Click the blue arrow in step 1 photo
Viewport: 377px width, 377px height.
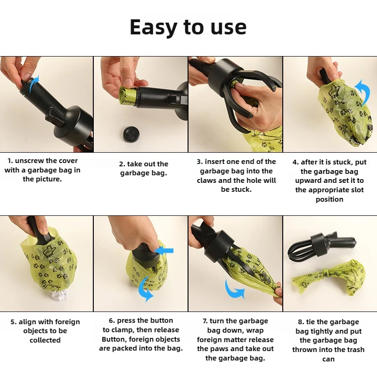coord(33,83)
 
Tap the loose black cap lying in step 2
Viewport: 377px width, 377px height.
coord(131,134)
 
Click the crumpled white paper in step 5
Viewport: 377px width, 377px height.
coord(58,295)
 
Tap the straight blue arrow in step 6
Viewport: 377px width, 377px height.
coord(164,251)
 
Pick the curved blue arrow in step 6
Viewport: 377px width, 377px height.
coord(145,289)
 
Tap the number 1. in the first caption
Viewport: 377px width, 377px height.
coord(10,161)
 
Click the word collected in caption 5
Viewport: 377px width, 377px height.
coord(45,340)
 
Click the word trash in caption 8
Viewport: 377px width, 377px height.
coord(354,349)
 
